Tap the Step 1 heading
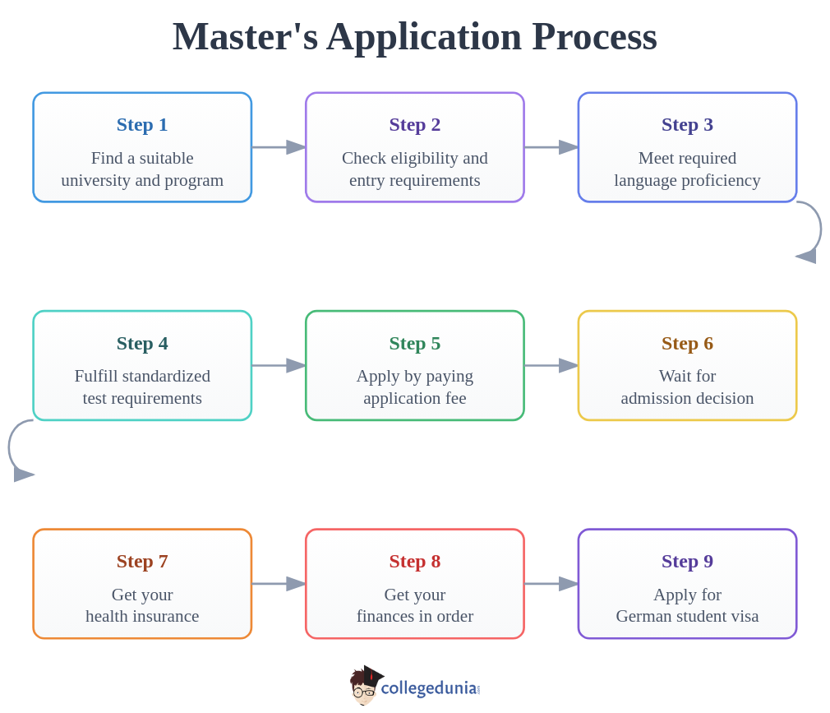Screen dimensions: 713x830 pos(142,125)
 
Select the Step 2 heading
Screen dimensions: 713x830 pos(414,125)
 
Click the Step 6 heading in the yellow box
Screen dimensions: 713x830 pos(687,343)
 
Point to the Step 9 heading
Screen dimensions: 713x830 pos(687,561)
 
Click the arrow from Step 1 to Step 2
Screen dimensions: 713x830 pos(279,147)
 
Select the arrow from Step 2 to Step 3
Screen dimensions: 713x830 pos(551,147)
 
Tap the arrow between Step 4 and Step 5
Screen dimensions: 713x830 pos(279,365)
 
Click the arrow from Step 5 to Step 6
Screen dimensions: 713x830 pos(551,365)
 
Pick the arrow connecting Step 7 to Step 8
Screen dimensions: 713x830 pos(279,584)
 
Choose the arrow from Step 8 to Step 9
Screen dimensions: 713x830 pos(551,584)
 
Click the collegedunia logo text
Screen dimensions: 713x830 pos(428,688)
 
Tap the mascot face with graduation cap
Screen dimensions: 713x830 pos(364,686)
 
